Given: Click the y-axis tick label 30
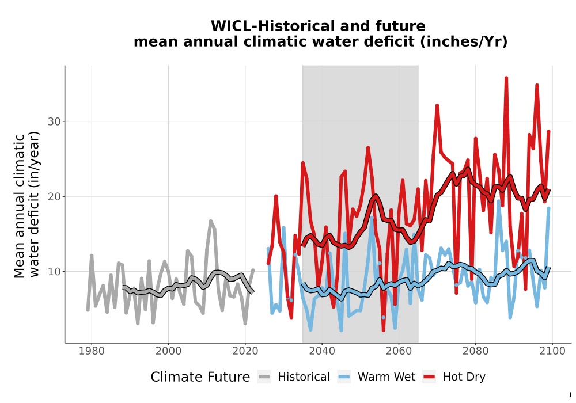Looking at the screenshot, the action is pos(54,121).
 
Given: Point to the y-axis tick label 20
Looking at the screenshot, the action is pos(54,197).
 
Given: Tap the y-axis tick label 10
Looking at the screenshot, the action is pos(54,272).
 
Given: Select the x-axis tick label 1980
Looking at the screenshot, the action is pos(92,351).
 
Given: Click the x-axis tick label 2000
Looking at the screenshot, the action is pos(168,351).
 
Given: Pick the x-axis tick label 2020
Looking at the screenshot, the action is pos(245,351).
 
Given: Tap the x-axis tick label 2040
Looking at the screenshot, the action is pos(322,351).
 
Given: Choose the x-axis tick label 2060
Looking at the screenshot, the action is pos(399,351).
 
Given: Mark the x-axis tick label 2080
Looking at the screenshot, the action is pos(475,351).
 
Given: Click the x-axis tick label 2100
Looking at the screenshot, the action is pos(552,351).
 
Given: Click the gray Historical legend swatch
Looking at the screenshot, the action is pos(264,377).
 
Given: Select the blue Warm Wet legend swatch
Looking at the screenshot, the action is pos(344,377).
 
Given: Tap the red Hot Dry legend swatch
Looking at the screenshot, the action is pos(429,377).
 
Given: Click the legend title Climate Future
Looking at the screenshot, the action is pos(200,377).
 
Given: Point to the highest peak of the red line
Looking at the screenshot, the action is pos(506,78).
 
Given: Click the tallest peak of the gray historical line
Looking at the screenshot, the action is pos(210,220).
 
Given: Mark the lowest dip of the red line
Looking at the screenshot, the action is pos(384,330).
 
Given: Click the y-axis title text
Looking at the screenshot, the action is pos(26,205).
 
